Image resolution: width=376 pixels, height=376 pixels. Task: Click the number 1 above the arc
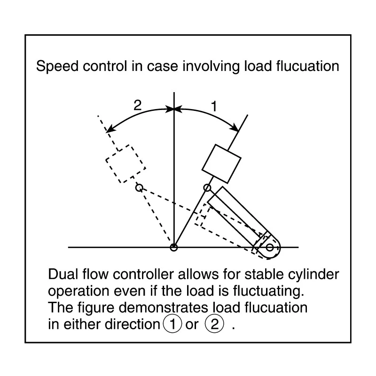pos(214,106)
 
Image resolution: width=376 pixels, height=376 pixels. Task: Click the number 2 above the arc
pos(137,105)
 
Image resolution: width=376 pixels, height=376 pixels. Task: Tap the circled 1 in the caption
pos(172,324)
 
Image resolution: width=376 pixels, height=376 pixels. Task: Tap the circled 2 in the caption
pos(214,324)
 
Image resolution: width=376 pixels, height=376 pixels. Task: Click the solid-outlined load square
pos(221,164)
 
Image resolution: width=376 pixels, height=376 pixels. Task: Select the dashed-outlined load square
pos(126,164)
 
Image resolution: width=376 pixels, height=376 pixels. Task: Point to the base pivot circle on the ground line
pos(174,247)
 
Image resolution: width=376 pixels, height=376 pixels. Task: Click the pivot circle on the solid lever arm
pos(207,188)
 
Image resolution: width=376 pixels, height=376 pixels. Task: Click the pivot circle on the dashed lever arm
pos(139,188)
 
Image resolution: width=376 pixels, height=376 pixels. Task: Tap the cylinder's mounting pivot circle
pos(269,247)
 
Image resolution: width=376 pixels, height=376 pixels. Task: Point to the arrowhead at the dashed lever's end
pos(110,129)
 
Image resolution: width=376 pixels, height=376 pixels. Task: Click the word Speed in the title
pos(57,66)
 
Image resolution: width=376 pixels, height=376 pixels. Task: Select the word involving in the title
pos(211,66)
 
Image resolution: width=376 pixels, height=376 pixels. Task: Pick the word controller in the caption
pos(143,274)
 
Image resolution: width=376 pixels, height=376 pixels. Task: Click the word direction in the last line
pos(133,324)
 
